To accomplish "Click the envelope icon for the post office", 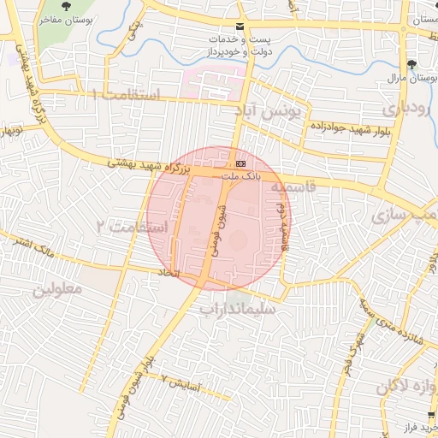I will pyautogui.click(x=240, y=27).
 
